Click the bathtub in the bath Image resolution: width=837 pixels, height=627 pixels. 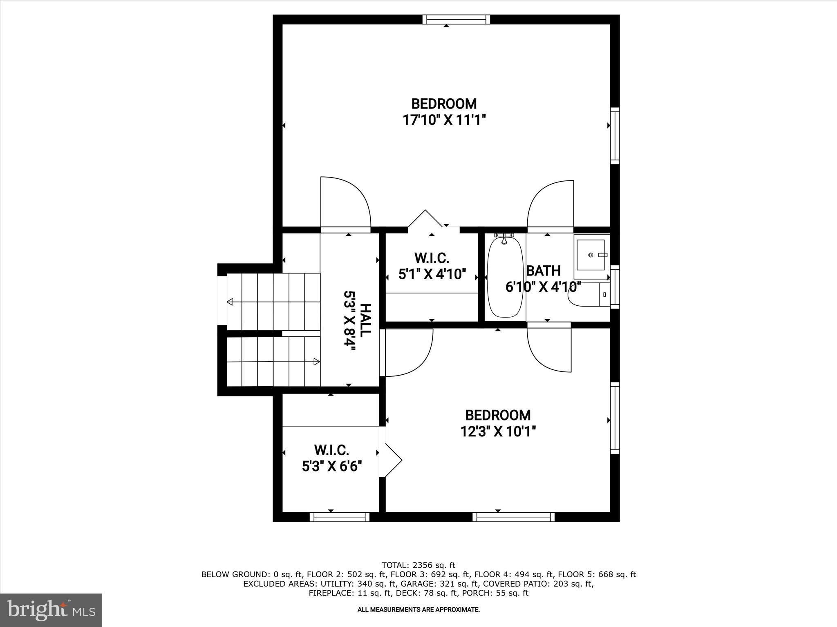505,278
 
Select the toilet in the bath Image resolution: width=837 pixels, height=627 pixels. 589,295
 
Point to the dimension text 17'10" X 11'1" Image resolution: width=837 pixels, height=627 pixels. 444,120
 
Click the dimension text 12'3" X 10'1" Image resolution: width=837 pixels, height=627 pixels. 498,431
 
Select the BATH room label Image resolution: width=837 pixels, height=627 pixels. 543,271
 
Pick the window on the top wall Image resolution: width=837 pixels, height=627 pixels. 456,19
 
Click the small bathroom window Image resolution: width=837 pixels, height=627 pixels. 615,287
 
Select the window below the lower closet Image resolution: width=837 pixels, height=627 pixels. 339,517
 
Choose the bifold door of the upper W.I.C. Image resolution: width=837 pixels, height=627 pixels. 425,219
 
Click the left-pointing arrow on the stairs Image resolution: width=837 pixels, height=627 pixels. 230,302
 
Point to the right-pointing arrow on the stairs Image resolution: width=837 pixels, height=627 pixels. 316,361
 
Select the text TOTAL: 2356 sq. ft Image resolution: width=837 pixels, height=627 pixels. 418,565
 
